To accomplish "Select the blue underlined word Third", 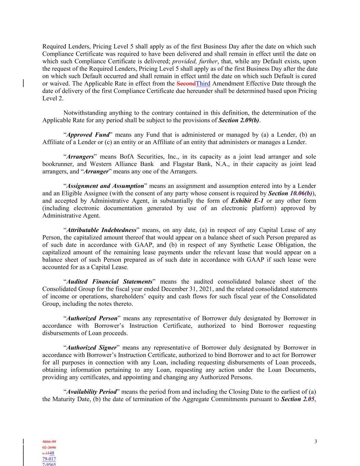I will (x=203, y=84).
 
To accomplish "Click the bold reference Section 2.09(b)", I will (x=239, y=120).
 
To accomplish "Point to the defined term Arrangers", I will (x=80, y=157).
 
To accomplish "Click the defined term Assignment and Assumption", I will (x=105, y=186).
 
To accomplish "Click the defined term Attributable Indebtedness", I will (x=101, y=230).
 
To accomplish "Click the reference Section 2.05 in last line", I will (x=298, y=399).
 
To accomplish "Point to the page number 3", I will (x=316, y=442).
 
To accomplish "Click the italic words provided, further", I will (x=195, y=61).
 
